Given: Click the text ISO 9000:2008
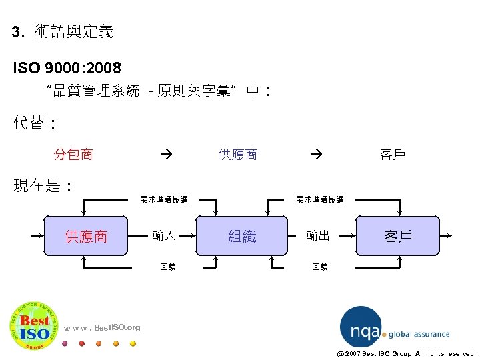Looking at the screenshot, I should click(x=67, y=68).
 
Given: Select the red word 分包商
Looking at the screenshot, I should click(x=73, y=155).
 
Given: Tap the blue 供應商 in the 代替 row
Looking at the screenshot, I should click(x=238, y=155).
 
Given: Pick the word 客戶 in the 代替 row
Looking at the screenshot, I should click(x=393, y=155).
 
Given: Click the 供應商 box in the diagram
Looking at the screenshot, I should click(x=85, y=236).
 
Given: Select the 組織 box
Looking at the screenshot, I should click(x=242, y=236).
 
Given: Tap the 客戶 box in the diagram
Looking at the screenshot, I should click(x=397, y=236).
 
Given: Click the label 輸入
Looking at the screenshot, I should click(x=163, y=235).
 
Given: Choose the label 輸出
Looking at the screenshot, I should click(x=318, y=235).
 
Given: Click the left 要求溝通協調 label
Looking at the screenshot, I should click(x=163, y=199).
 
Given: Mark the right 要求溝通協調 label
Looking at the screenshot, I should click(x=319, y=199).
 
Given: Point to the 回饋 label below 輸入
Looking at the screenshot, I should click(x=168, y=267).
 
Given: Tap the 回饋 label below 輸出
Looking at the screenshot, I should click(x=319, y=267).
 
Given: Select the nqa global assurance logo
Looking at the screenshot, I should click(x=393, y=327).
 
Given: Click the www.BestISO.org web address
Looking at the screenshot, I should click(x=103, y=327).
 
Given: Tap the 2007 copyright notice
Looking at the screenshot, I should click(x=407, y=353).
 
